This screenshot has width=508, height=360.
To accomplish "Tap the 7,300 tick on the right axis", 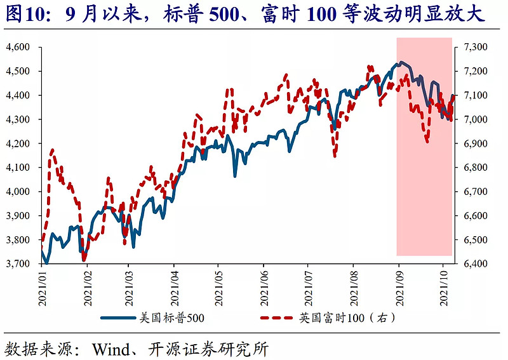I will [474, 47].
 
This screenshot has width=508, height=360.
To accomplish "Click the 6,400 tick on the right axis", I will [474, 263].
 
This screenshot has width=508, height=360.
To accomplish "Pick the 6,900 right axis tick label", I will [474, 143].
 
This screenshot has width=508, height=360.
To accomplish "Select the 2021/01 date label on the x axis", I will [43, 288].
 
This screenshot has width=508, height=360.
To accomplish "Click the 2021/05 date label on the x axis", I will [218, 288].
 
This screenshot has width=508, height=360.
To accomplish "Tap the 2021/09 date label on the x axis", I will [399, 288].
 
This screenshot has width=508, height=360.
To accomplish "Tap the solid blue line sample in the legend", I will [117, 317].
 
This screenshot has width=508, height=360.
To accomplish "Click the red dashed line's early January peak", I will [52, 150].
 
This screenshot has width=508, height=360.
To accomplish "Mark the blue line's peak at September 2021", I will [399, 62].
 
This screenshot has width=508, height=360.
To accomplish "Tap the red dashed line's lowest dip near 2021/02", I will [84, 259].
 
